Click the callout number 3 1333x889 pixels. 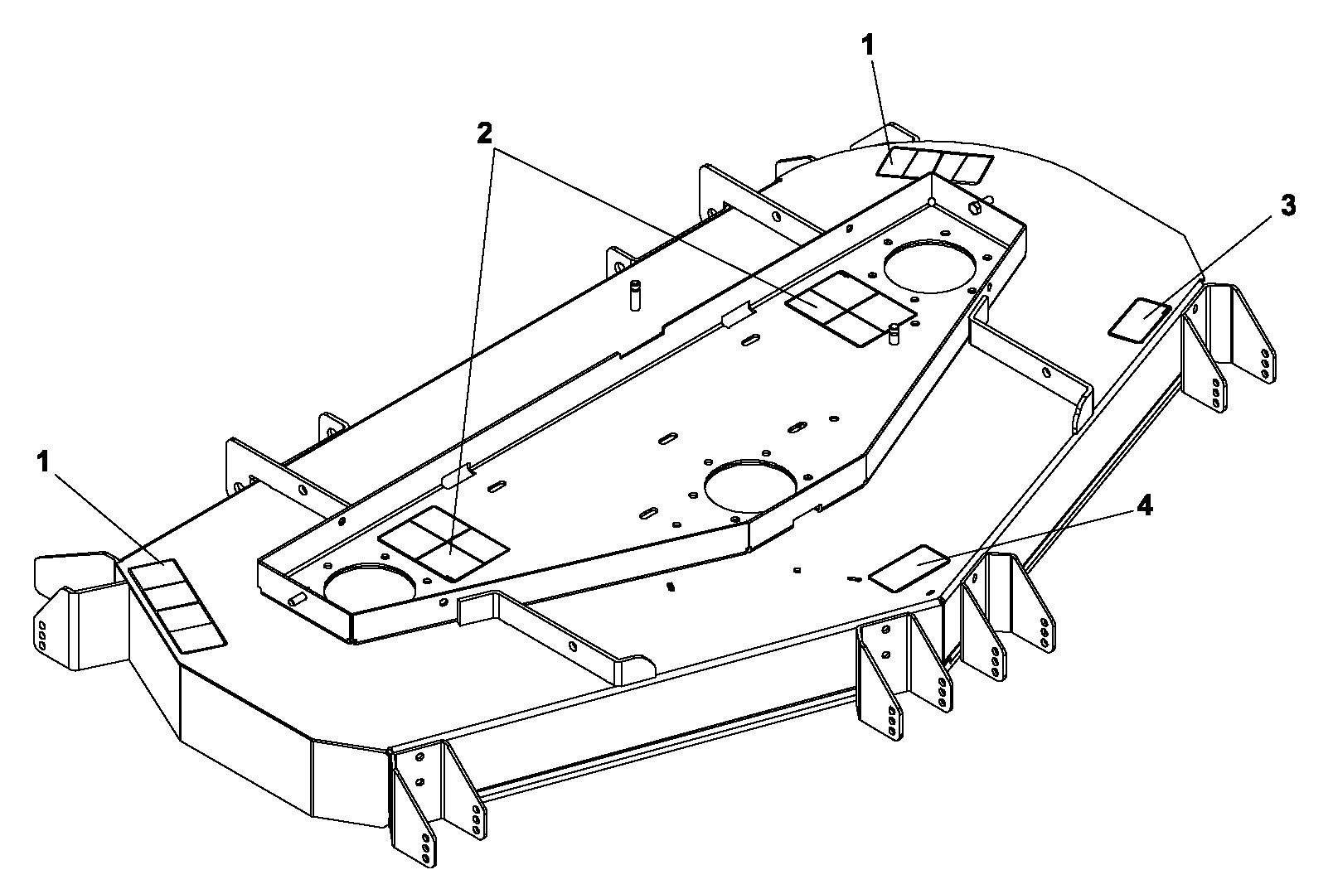click(1287, 205)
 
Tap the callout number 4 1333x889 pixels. click(1145, 506)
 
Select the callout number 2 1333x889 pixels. click(485, 133)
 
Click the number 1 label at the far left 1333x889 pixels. click(43, 461)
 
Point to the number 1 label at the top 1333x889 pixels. click(868, 46)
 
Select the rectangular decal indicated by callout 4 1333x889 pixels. click(909, 568)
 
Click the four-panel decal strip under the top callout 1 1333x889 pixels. click(935, 165)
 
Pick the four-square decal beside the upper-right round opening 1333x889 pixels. click(851, 309)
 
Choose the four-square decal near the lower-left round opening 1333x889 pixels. click(444, 544)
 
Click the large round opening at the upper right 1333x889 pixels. click(930, 266)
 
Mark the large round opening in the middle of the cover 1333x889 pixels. click(750, 486)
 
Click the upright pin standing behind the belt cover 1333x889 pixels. click(634, 294)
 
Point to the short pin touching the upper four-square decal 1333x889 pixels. click(893, 334)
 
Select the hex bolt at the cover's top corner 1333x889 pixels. click(975, 207)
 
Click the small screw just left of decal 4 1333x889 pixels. click(856, 577)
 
